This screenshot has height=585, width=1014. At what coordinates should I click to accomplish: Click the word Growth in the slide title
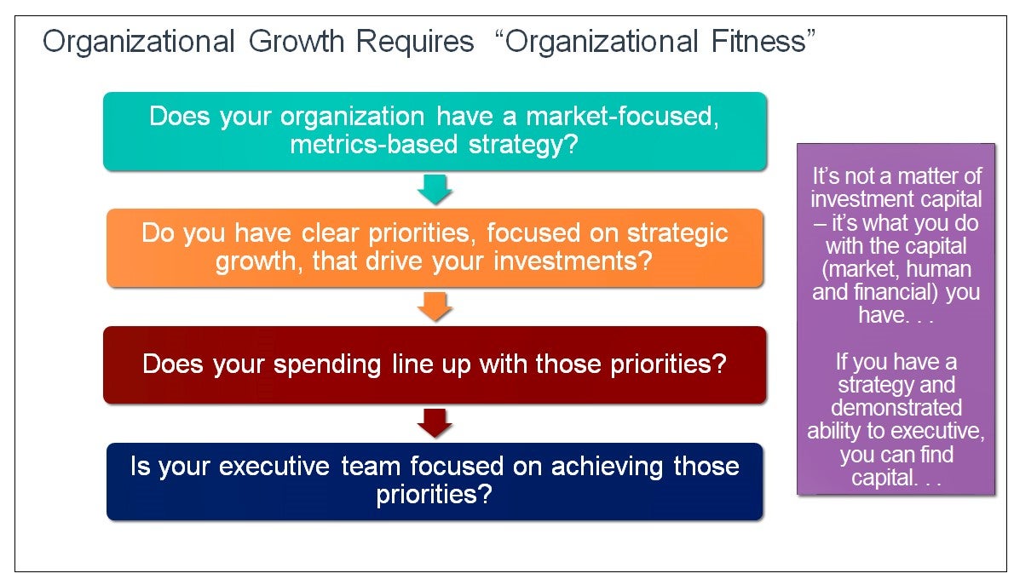pyautogui.click(x=297, y=43)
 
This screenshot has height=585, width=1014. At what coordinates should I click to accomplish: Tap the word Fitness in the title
pyautogui.click(x=758, y=42)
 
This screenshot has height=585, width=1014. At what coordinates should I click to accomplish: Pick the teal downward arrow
pyautogui.click(x=435, y=189)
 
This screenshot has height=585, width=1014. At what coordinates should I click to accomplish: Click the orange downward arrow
pyautogui.click(x=435, y=307)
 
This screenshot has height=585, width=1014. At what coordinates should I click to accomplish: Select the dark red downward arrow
pyautogui.click(x=435, y=423)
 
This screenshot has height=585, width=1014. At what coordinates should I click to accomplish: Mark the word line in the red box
pyautogui.click(x=412, y=364)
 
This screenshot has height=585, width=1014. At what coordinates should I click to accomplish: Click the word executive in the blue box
pyautogui.click(x=274, y=467)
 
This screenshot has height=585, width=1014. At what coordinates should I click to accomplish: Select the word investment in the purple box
pyautogui.click(x=862, y=200)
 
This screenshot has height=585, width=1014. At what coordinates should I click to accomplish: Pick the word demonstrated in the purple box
pyautogui.click(x=896, y=408)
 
